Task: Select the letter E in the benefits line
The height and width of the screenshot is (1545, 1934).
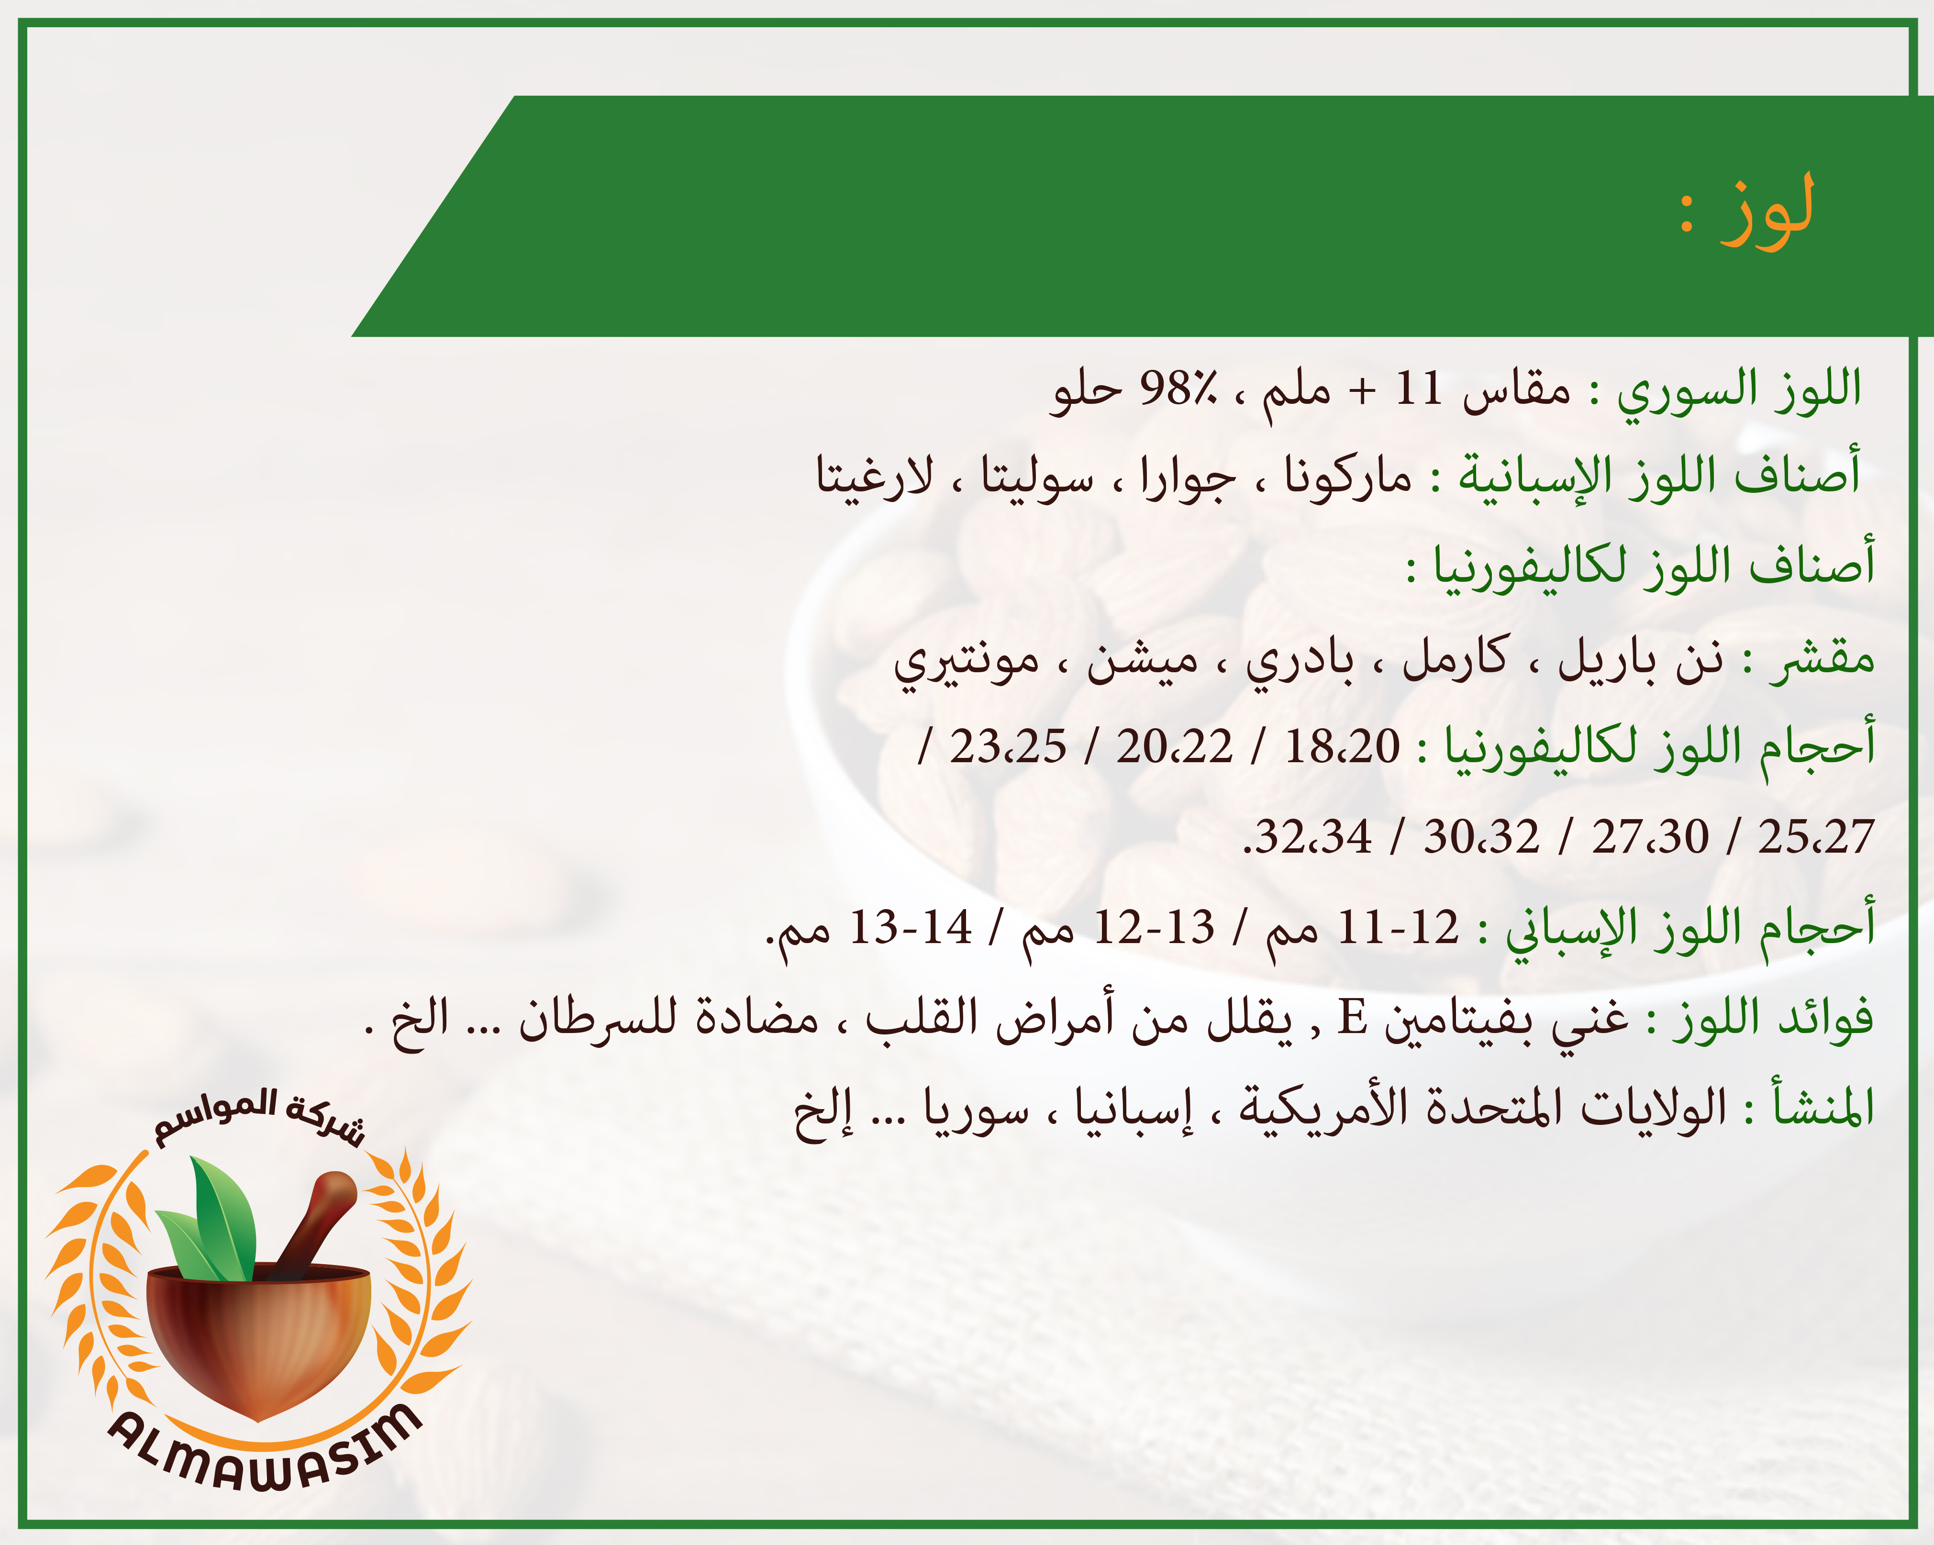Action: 1352,1017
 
